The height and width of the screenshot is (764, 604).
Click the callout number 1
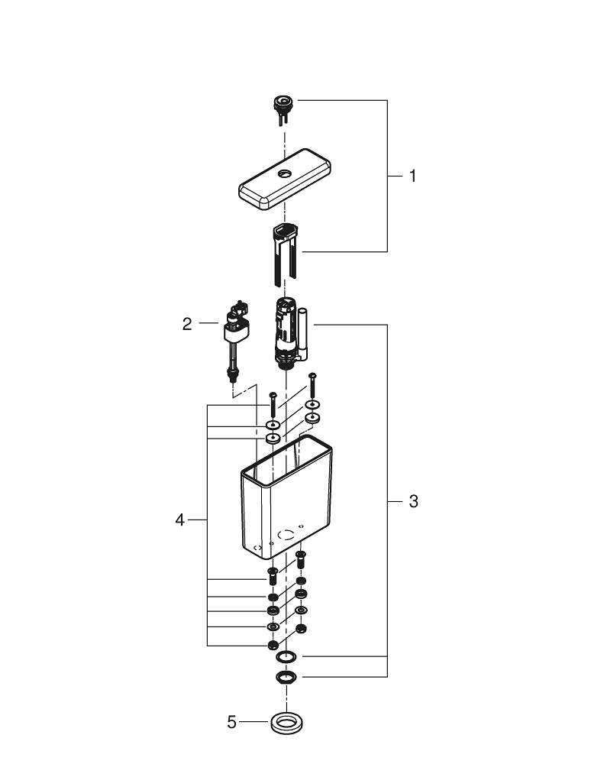point(412,176)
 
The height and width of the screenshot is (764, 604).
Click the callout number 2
point(187,324)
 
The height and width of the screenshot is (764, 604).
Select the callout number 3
point(413,502)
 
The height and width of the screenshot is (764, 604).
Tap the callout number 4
point(180,520)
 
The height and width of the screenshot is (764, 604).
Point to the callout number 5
point(232,721)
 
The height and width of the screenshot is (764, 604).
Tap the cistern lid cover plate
point(286,180)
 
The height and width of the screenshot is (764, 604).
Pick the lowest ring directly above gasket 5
point(286,677)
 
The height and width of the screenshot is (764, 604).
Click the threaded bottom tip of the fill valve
point(233,374)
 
